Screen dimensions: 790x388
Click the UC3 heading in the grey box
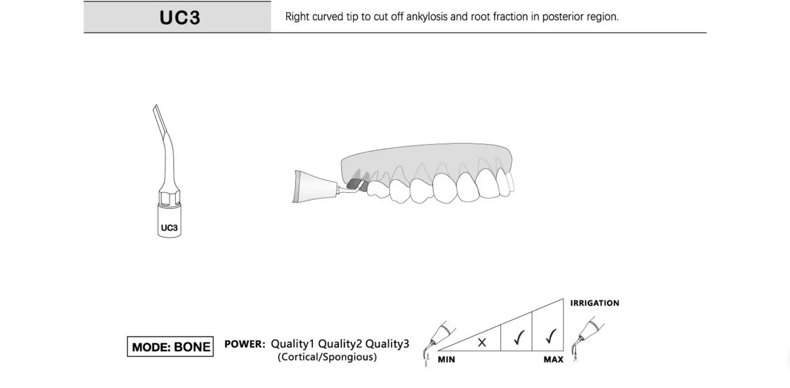tap(180, 17)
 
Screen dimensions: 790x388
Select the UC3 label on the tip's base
tap(169, 228)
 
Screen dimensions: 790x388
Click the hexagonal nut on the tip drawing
tap(169, 198)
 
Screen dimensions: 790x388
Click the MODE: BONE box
tap(170, 346)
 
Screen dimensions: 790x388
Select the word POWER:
tap(245, 344)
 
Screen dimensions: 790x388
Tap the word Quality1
tap(293, 344)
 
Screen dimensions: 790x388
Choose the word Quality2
tap(340, 344)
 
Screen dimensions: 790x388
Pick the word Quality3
tap(387, 344)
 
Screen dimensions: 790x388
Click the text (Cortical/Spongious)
tap(327, 357)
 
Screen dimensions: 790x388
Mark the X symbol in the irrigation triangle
tap(482, 342)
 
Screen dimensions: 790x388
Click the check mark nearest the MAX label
tap(550, 336)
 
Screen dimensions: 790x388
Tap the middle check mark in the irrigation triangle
tap(519, 337)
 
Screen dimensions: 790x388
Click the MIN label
tap(446, 359)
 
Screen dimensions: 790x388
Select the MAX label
tap(553, 359)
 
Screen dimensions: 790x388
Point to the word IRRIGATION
tap(595, 303)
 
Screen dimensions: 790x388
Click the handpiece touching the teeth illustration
tap(315, 187)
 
